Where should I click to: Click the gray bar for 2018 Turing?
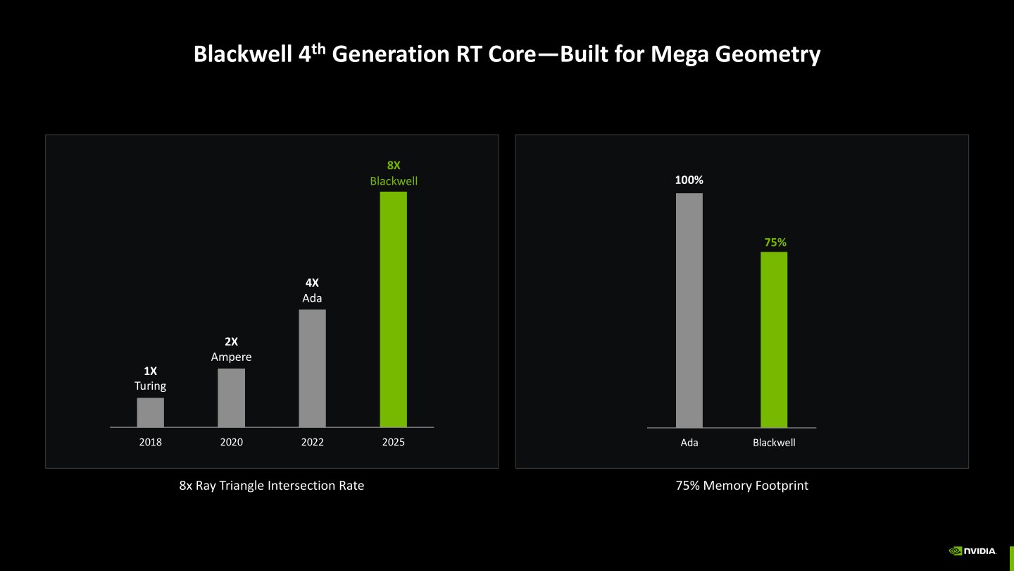pyautogui.click(x=150, y=412)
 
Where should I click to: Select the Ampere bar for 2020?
pyautogui.click(x=231, y=398)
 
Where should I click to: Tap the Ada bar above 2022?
pyautogui.click(x=312, y=368)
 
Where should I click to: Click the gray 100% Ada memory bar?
pyautogui.click(x=689, y=310)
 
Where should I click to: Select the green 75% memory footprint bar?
pyautogui.click(x=773, y=339)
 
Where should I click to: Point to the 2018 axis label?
pyautogui.click(x=150, y=443)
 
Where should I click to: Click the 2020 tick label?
pyautogui.click(x=231, y=443)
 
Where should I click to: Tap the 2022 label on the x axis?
pyautogui.click(x=312, y=443)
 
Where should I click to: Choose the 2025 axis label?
pyautogui.click(x=393, y=443)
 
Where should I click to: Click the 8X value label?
pyautogui.click(x=394, y=166)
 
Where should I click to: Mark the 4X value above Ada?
pyautogui.click(x=312, y=283)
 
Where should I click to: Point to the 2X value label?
pyautogui.click(x=231, y=342)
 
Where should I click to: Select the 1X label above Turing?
pyautogui.click(x=150, y=371)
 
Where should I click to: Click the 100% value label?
pyautogui.click(x=689, y=180)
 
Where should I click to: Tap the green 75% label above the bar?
pyautogui.click(x=775, y=242)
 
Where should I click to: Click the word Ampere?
pyautogui.click(x=231, y=357)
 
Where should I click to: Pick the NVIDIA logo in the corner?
pyautogui.click(x=972, y=551)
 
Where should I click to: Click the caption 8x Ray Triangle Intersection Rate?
pyautogui.click(x=272, y=486)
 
